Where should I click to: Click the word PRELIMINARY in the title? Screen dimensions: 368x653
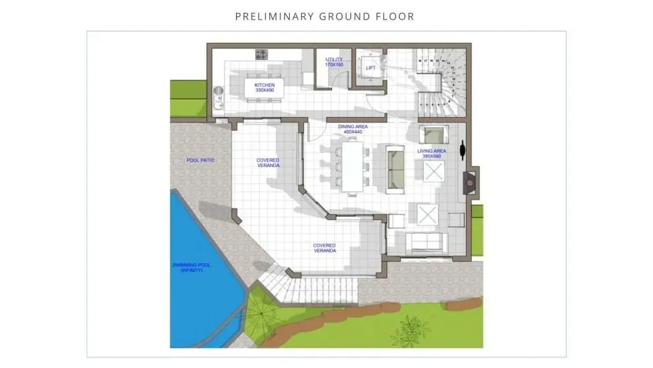[x=267, y=16]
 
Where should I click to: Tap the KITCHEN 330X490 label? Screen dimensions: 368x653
[x=264, y=88]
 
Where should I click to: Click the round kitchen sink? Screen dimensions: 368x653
[x=218, y=90]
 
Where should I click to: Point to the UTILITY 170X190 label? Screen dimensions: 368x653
[x=334, y=62]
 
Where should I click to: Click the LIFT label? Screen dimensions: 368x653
[x=370, y=67]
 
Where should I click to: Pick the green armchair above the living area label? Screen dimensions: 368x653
[x=431, y=133]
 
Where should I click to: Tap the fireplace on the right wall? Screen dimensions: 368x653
[x=470, y=181]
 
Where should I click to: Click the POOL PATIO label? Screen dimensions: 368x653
[x=201, y=160]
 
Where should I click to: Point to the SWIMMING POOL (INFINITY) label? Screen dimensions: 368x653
[x=192, y=268]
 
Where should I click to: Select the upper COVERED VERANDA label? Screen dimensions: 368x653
[x=267, y=163]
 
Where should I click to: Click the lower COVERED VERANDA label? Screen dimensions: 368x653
[x=324, y=248]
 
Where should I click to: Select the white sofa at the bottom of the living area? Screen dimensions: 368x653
[x=424, y=241]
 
